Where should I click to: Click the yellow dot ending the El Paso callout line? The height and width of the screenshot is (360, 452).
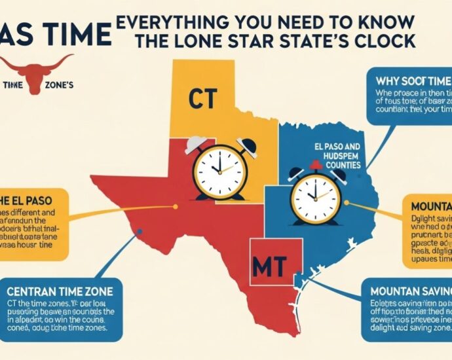coord(176,207)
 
